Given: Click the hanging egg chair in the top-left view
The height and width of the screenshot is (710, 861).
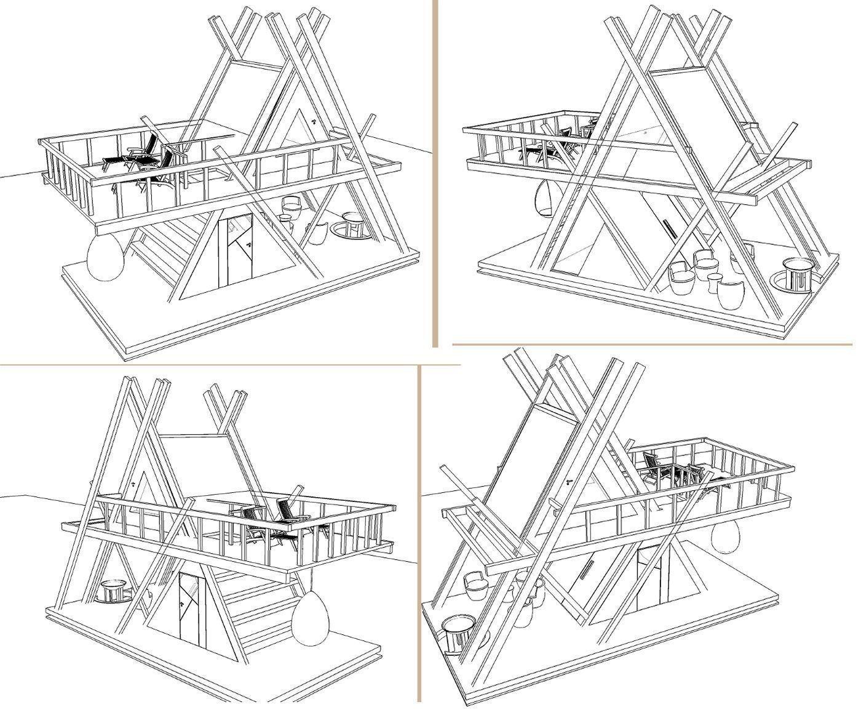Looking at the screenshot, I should point(106,258).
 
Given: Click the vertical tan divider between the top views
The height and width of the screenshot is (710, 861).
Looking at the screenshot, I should point(435,172).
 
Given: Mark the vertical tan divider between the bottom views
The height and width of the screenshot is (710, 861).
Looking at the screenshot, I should point(419,535).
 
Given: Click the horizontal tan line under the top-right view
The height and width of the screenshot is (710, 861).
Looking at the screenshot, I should point(652,345).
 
